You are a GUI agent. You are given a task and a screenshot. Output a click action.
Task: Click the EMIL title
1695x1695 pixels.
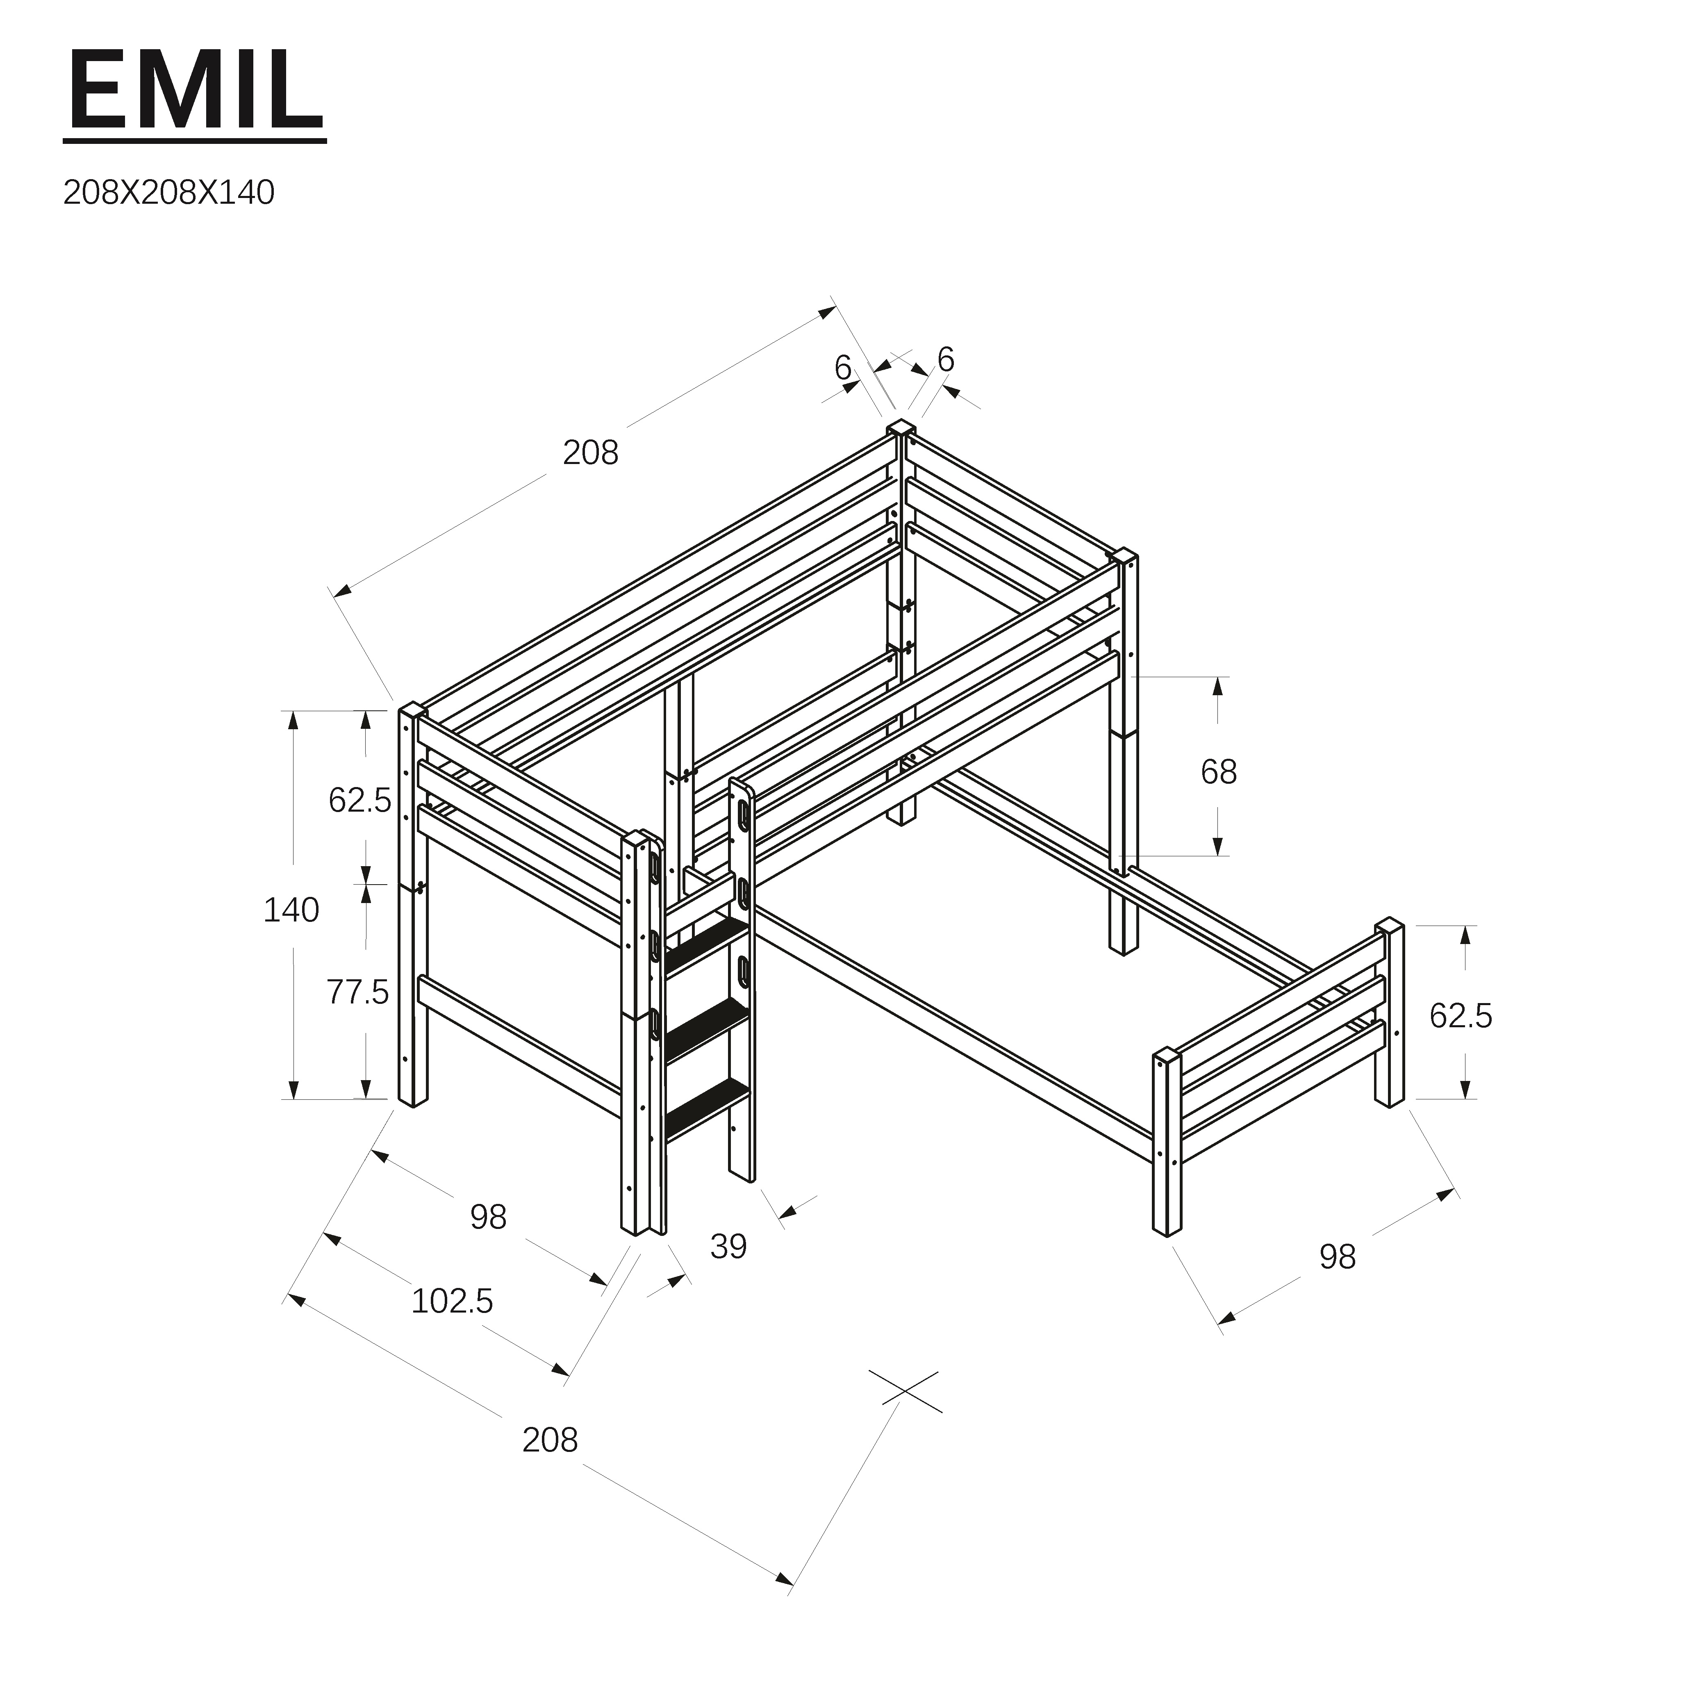195,90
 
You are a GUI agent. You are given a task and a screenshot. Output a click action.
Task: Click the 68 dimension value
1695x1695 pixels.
1219,772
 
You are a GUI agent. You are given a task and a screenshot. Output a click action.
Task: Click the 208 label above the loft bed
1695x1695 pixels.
590,453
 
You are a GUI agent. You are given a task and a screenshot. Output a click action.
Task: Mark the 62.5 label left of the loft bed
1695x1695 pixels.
360,800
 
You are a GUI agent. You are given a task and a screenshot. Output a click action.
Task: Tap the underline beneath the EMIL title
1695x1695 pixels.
195,139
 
